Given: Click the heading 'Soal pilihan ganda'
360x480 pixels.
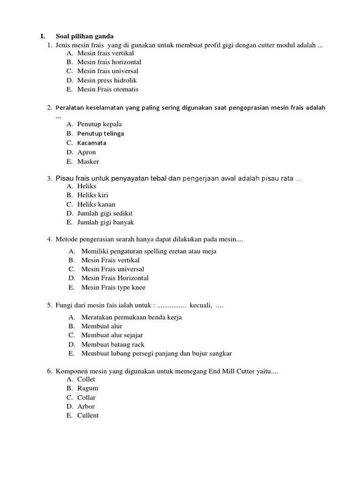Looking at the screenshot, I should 85,36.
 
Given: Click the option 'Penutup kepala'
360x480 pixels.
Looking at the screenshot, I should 99,124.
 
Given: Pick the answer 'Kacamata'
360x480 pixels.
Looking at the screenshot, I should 92,143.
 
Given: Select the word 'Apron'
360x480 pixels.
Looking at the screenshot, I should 87,152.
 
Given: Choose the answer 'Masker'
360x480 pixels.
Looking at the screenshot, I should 88,162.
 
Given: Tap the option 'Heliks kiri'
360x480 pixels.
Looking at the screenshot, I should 93,195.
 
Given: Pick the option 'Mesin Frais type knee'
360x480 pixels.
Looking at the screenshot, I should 113,287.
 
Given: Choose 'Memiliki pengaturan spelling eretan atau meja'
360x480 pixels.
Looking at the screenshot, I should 149,251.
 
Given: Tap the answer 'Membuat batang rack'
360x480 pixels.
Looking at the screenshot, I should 112,345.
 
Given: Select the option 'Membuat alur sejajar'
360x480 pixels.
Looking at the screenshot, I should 112,335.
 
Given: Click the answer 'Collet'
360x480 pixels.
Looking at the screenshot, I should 86,379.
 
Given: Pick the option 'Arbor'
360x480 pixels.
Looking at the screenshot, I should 86,406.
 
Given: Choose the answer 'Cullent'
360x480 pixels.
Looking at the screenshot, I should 88,416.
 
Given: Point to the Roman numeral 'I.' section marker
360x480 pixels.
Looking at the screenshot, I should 43,36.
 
